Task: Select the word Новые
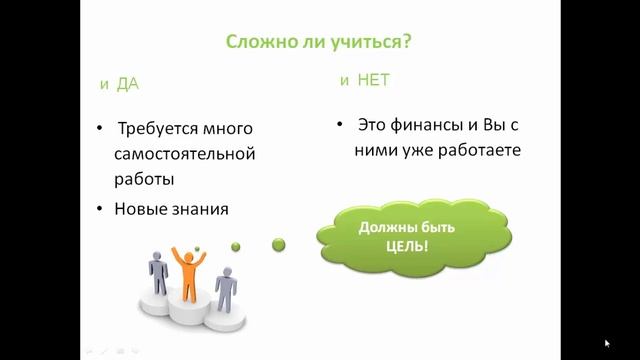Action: [144, 210]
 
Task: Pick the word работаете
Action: [474, 152]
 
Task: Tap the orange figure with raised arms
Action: [186, 270]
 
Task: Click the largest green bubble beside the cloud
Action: [281, 242]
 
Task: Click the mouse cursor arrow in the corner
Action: [607, 343]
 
